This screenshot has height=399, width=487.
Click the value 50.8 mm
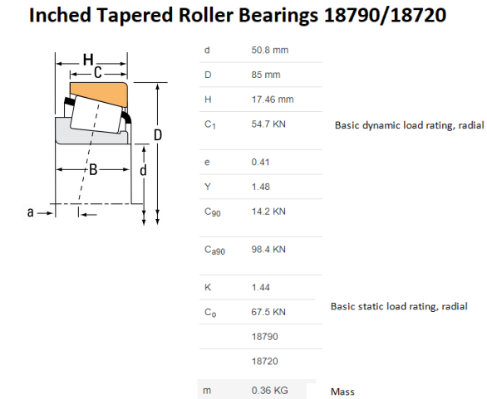pyautogui.click(x=270, y=50)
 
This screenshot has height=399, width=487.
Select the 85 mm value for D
pyautogui.click(x=265, y=75)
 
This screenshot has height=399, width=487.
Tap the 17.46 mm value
pyautogui.click(x=273, y=100)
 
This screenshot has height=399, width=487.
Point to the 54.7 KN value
pyautogui.click(x=268, y=124)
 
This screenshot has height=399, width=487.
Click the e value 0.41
pyautogui.click(x=260, y=162)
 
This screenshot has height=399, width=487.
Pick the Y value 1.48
pyautogui.click(x=260, y=187)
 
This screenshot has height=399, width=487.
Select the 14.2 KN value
pyautogui.click(x=268, y=212)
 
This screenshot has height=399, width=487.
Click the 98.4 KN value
pyautogui.click(x=268, y=249)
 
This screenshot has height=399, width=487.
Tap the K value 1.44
pyautogui.click(x=260, y=286)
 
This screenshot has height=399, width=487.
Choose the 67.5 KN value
pyautogui.click(x=268, y=311)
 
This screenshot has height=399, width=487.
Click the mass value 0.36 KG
pyautogui.click(x=269, y=390)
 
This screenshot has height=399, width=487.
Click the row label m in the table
pyautogui.click(x=207, y=390)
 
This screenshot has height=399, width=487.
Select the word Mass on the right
pyautogui.click(x=343, y=390)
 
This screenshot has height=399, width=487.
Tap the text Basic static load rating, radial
pyautogui.click(x=399, y=306)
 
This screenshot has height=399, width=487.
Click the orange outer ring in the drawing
pyautogui.click(x=98, y=89)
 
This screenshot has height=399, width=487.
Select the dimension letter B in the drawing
pyautogui.click(x=94, y=170)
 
